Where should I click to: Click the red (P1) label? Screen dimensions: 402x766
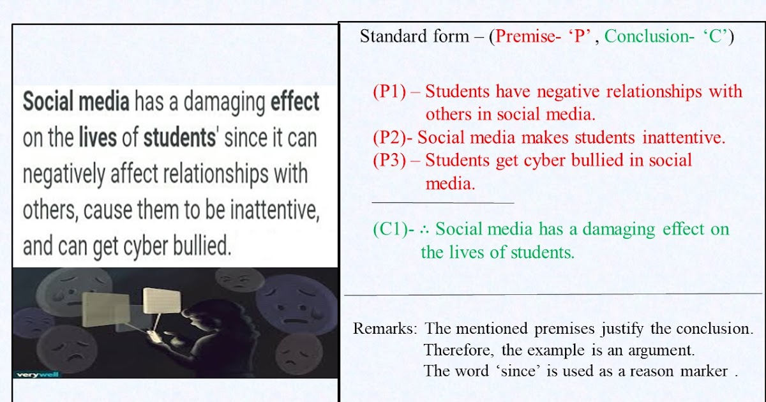(389, 92)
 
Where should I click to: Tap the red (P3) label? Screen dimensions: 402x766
(389, 160)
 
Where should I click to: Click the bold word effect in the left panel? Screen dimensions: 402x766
(295, 102)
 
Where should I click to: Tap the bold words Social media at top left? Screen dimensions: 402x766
(76, 102)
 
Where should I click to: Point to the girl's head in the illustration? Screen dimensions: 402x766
(194, 316)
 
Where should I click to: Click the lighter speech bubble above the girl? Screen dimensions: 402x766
(158, 301)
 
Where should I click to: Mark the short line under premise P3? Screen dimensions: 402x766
(442, 203)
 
